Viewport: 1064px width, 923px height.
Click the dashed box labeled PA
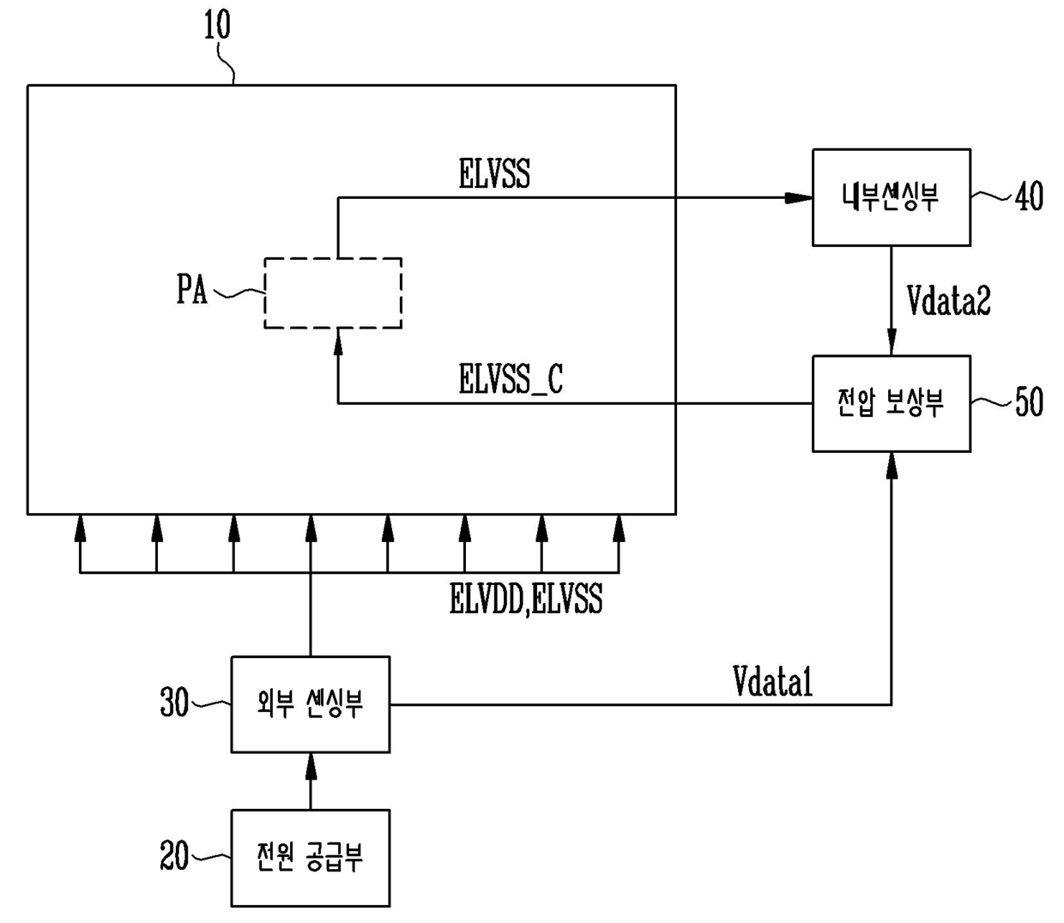[332, 293]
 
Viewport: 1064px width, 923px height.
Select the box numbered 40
[891, 197]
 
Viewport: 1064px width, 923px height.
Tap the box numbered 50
[891, 403]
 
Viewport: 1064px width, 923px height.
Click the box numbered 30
[310, 704]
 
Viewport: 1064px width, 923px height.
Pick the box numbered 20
[310, 857]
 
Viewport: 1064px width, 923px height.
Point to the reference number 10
[217, 26]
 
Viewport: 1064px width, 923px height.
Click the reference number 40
[1029, 197]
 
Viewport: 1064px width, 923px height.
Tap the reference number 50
[1029, 402]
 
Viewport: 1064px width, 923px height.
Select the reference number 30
[174, 703]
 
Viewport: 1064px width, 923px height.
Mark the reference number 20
[174, 855]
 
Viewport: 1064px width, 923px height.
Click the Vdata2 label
[948, 300]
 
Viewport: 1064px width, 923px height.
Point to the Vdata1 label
[772, 682]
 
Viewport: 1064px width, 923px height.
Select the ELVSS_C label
[511, 379]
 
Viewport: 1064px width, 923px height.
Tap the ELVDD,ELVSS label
[525, 599]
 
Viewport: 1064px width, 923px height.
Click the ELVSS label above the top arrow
[494, 174]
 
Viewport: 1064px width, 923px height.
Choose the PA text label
[192, 290]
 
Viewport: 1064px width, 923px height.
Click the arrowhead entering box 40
[798, 198]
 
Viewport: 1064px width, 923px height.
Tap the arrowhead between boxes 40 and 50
[892, 343]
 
